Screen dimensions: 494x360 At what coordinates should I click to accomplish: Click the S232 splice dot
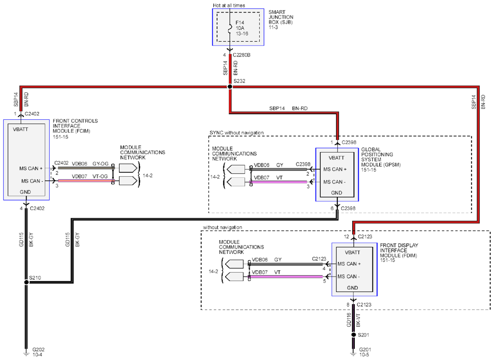[x=230, y=87]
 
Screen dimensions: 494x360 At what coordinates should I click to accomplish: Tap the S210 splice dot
[x=27, y=282]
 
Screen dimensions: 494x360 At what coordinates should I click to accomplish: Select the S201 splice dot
[x=354, y=335]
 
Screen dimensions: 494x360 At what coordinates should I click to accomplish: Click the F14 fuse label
[x=240, y=23]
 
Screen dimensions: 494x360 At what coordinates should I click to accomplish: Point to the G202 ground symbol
[x=27, y=353]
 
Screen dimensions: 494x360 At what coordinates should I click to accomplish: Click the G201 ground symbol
[x=354, y=353]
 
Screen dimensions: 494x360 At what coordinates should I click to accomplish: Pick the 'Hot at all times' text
[x=229, y=5]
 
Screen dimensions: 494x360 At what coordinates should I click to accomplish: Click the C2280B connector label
[x=242, y=55]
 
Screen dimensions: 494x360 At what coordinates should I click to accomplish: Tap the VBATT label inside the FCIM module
[x=21, y=129]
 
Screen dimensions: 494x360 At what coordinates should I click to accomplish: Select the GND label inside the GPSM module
[x=336, y=193]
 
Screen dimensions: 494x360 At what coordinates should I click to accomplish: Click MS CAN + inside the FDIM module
[x=349, y=264]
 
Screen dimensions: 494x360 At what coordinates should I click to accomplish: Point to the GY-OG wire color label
[x=101, y=164]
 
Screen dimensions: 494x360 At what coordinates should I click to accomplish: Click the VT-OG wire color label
[x=100, y=177]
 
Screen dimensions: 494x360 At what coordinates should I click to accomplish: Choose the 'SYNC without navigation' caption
[x=237, y=133]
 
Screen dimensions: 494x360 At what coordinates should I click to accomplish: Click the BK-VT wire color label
[x=358, y=320]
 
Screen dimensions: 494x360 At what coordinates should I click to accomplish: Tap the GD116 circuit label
[x=349, y=320]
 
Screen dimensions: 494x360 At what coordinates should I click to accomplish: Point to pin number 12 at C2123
[x=347, y=237]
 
